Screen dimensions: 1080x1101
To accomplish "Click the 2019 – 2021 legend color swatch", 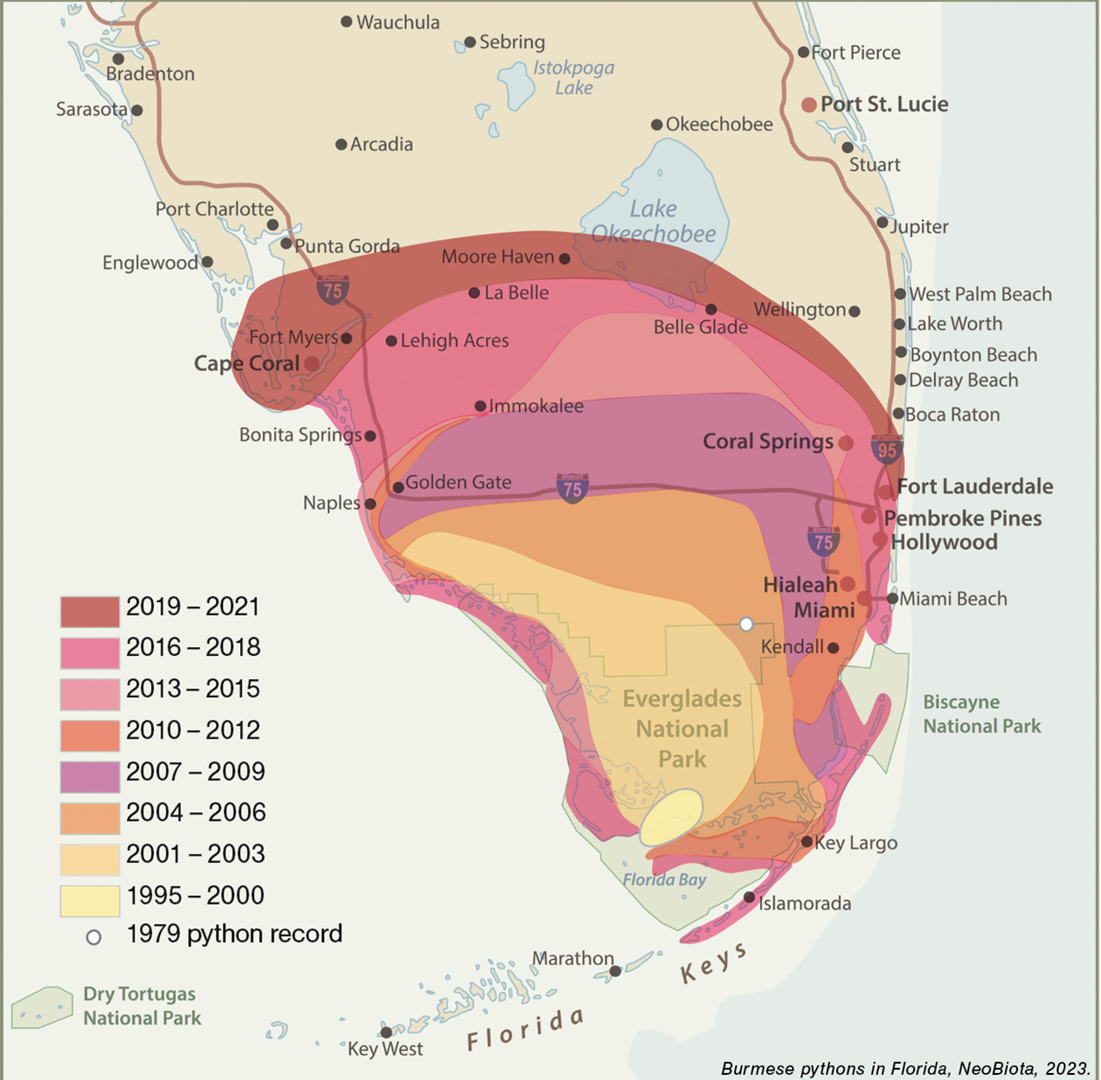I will point(90,611).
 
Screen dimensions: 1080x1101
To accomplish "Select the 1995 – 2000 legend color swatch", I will point(90,900).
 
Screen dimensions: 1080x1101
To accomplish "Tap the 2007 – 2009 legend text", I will point(194,772).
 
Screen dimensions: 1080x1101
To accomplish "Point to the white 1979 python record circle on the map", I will point(746,624).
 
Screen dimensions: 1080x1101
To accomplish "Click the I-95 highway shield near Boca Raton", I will point(887,449).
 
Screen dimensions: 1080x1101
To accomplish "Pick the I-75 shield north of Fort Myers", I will point(332,290).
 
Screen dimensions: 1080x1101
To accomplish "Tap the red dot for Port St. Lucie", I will point(809,105).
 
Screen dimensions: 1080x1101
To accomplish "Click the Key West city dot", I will point(386,1032).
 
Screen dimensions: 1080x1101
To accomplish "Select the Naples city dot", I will point(370,504).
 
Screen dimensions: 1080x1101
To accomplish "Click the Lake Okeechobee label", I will point(654,221).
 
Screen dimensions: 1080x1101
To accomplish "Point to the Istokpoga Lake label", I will point(573,78).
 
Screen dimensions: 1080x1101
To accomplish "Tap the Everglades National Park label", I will point(682,728).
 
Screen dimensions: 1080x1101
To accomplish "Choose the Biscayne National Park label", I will point(982,714).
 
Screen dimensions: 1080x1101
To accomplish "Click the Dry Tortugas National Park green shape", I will point(41,1007).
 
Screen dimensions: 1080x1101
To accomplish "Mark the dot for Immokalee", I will point(480,406).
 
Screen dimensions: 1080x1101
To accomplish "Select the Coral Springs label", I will point(768,442).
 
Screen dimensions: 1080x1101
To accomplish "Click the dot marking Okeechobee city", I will point(656,124).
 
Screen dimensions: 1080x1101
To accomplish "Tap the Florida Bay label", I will point(664,880).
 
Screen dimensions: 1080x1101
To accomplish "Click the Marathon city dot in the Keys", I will point(615,971).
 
